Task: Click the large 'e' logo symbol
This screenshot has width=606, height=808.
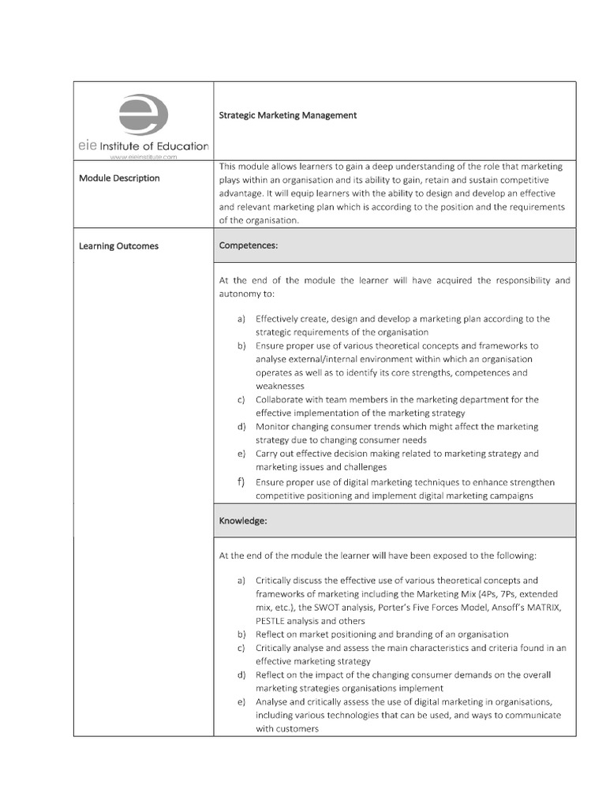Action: [x=143, y=114]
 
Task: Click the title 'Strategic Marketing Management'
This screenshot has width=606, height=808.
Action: [x=287, y=115]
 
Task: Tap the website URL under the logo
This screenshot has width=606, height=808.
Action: [x=143, y=157]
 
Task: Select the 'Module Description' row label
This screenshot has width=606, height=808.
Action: [x=119, y=178]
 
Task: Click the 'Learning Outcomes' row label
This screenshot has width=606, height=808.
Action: [x=118, y=246]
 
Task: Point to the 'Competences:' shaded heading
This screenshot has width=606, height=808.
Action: [x=248, y=246]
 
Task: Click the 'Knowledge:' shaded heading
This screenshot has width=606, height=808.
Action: [x=244, y=522]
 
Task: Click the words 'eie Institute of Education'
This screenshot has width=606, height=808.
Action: [x=143, y=146]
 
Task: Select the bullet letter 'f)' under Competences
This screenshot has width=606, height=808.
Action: [x=241, y=482]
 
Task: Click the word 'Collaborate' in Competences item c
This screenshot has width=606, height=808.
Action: [x=279, y=400]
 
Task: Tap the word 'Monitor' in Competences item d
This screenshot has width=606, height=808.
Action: [x=271, y=427]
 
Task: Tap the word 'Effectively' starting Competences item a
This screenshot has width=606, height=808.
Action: [x=278, y=319]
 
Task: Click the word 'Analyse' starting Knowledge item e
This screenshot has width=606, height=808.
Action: [x=272, y=701]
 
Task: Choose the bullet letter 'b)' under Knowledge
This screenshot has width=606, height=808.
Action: [x=241, y=634]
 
